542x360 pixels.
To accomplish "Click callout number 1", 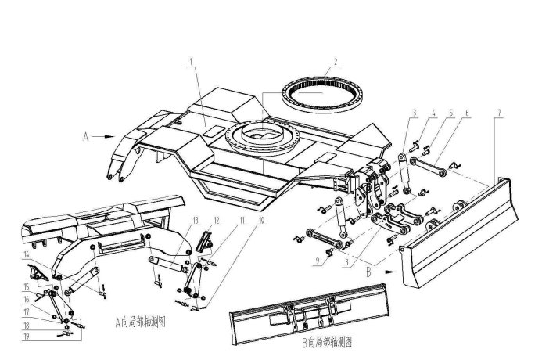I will tap(190, 60).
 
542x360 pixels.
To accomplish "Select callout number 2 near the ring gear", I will tap(335, 60).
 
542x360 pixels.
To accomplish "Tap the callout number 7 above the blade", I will tap(415, 112).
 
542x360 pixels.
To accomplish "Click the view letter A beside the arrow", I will tap(85, 136).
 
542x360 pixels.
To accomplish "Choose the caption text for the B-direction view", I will tap(327, 341).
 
